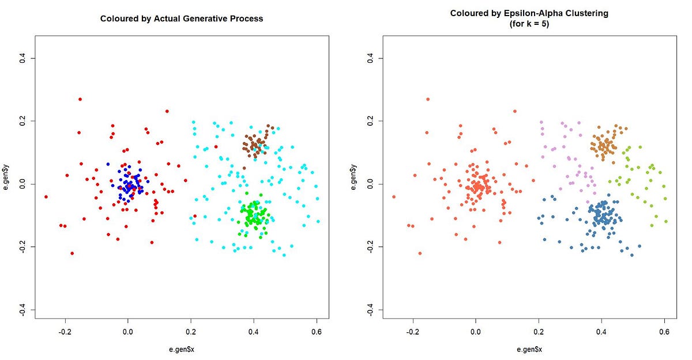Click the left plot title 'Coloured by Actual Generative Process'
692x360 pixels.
tap(182, 18)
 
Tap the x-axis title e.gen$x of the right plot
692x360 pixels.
tap(529, 349)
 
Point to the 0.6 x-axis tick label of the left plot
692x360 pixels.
tap(316, 332)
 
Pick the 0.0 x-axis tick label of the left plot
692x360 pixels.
tap(127, 332)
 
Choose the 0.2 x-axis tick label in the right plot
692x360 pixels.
tap(538, 332)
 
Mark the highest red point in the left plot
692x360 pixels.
tap(80, 99)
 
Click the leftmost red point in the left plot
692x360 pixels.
tap(46, 197)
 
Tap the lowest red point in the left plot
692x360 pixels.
tap(72, 253)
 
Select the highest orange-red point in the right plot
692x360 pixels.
tap(428, 99)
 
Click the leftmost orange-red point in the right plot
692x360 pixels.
tap(394, 197)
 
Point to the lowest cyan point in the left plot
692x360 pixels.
tap(284, 255)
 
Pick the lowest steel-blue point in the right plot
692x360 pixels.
tap(631, 255)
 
